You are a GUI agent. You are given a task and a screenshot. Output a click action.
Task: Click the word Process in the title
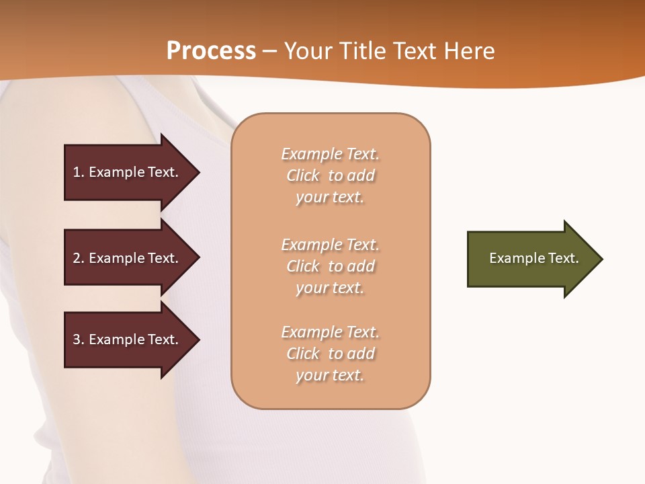[x=211, y=51]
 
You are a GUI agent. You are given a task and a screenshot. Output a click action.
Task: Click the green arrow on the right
[x=531, y=259]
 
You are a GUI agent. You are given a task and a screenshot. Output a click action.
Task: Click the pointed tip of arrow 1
[x=197, y=172]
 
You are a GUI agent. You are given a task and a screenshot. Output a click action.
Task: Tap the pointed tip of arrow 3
[x=197, y=339]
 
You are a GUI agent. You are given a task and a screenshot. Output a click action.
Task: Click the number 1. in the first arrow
[x=78, y=172]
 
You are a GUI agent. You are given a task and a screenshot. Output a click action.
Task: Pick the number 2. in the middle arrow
[x=78, y=258]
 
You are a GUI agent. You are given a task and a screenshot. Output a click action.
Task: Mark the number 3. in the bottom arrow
[x=78, y=339]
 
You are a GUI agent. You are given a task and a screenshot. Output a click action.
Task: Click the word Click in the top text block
[x=303, y=175]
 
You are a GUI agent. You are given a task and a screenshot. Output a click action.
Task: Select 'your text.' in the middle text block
[x=330, y=288]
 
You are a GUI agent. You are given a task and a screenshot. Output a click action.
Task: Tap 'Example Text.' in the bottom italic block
[x=330, y=332]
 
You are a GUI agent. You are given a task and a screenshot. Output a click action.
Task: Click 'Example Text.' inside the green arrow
[x=534, y=258]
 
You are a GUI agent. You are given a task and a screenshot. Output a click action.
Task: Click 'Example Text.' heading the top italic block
[x=330, y=154]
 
